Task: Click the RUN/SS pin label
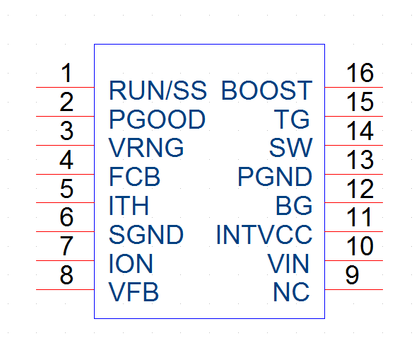point(158,91)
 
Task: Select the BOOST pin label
point(266,91)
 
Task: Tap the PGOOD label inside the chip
point(158,120)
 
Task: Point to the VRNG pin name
point(146,148)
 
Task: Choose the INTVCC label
point(264,235)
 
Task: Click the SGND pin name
point(146,235)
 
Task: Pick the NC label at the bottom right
point(291,292)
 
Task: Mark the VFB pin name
point(134,292)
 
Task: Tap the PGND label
point(275,177)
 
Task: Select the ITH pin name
point(129,205)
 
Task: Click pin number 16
point(360,72)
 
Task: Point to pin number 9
point(352,274)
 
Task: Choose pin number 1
point(66,72)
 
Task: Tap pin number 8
point(66,274)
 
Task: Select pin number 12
point(360,189)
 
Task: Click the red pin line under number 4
point(65,175)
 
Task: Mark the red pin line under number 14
point(354,145)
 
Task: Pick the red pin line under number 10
point(354,260)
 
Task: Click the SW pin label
point(290,148)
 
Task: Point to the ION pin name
point(131,263)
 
